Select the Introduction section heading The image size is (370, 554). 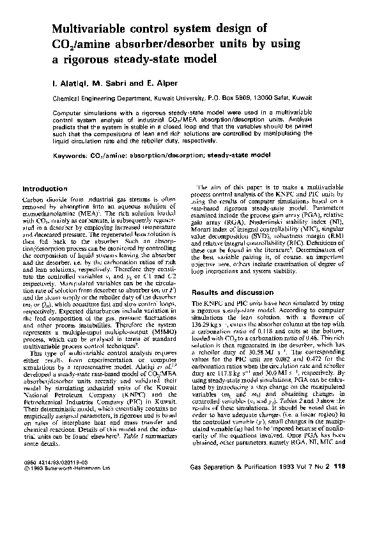click(x=45, y=189)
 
